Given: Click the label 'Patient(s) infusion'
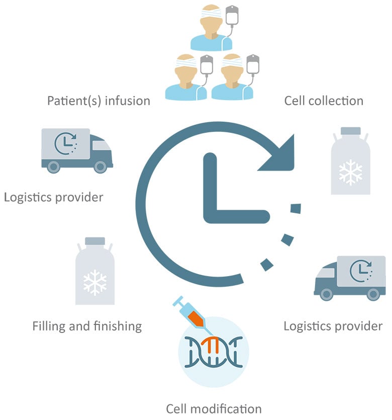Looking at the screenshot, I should (99, 101).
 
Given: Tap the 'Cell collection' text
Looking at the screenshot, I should (324, 101).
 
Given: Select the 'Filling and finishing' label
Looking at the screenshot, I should (87, 326).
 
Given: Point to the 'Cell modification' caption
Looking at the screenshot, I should (214, 407).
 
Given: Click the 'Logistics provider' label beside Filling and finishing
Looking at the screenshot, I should (53, 197).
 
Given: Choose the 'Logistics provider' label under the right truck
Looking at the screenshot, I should (333, 326).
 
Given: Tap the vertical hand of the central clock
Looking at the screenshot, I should (210, 186).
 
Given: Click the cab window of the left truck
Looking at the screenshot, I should (102, 144).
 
